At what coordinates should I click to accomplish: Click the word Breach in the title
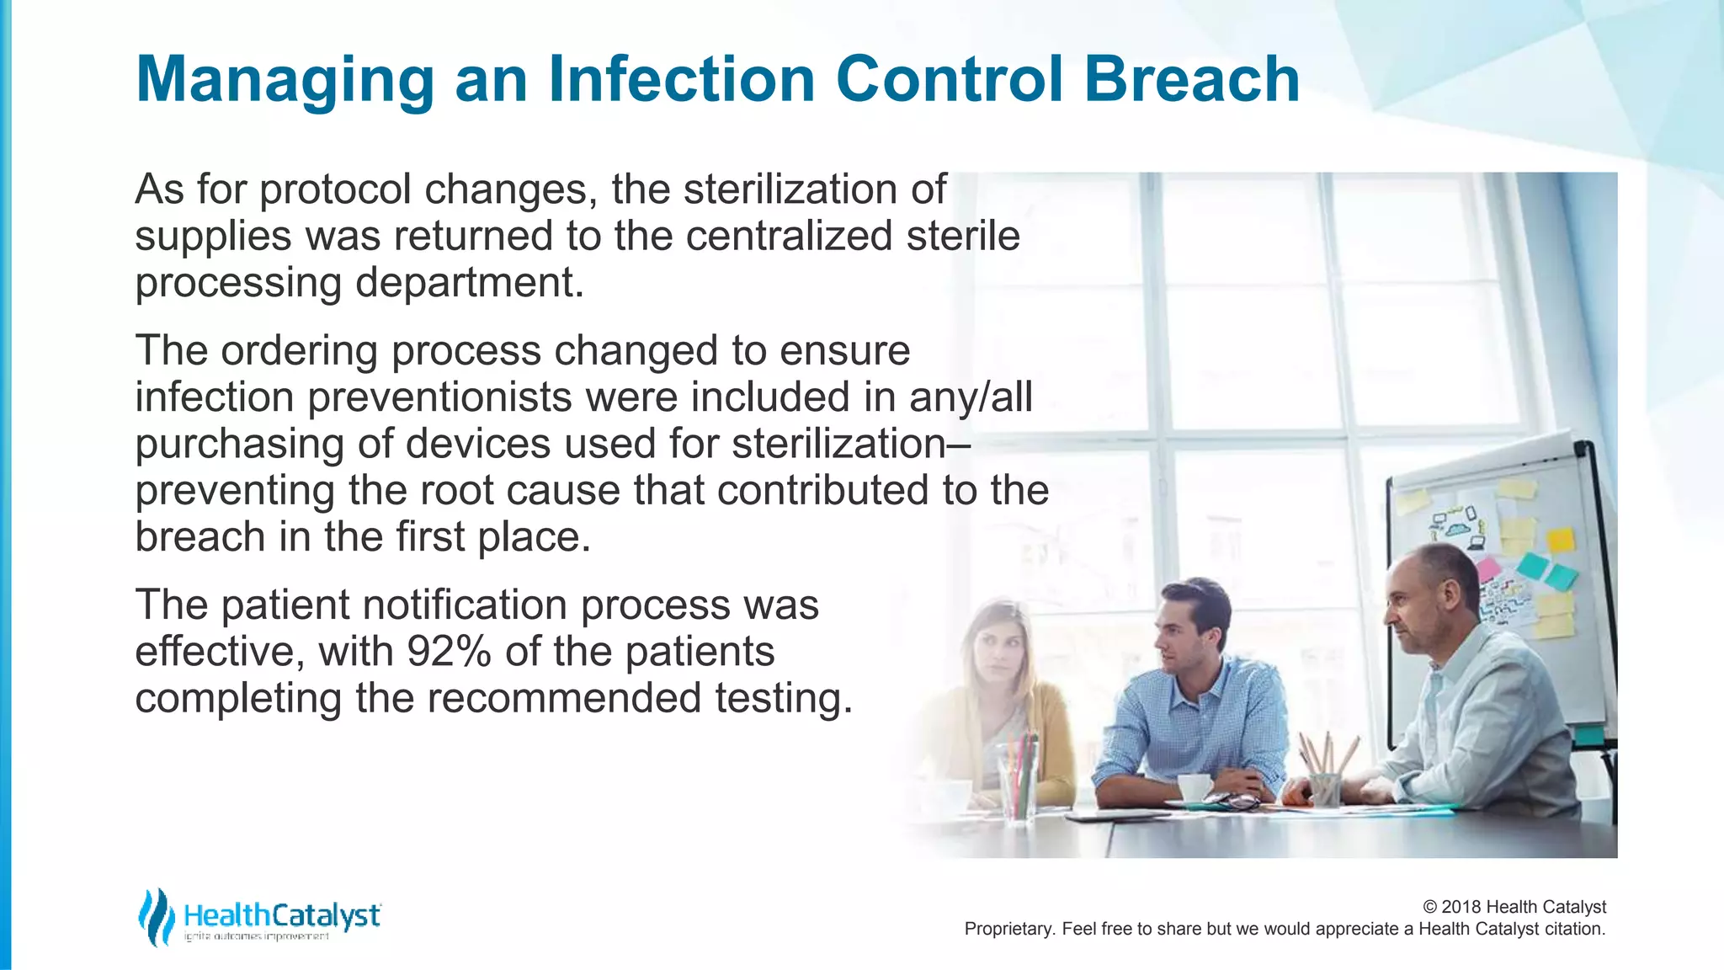click(1191, 79)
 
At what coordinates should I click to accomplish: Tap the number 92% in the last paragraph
click(449, 651)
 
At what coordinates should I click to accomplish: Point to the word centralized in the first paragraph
click(789, 236)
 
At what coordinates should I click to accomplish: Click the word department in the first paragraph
click(469, 282)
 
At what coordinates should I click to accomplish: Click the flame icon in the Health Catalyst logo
click(156, 916)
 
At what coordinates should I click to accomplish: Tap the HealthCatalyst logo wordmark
click(282, 915)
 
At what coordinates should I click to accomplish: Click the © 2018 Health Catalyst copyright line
click(1514, 907)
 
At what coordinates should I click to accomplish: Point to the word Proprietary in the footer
click(1008, 929)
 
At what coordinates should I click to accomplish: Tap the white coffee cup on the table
click(1194, 787)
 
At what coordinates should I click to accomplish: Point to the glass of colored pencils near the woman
click(1017, 779)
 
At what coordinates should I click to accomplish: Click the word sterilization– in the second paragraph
click(851, 444)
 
